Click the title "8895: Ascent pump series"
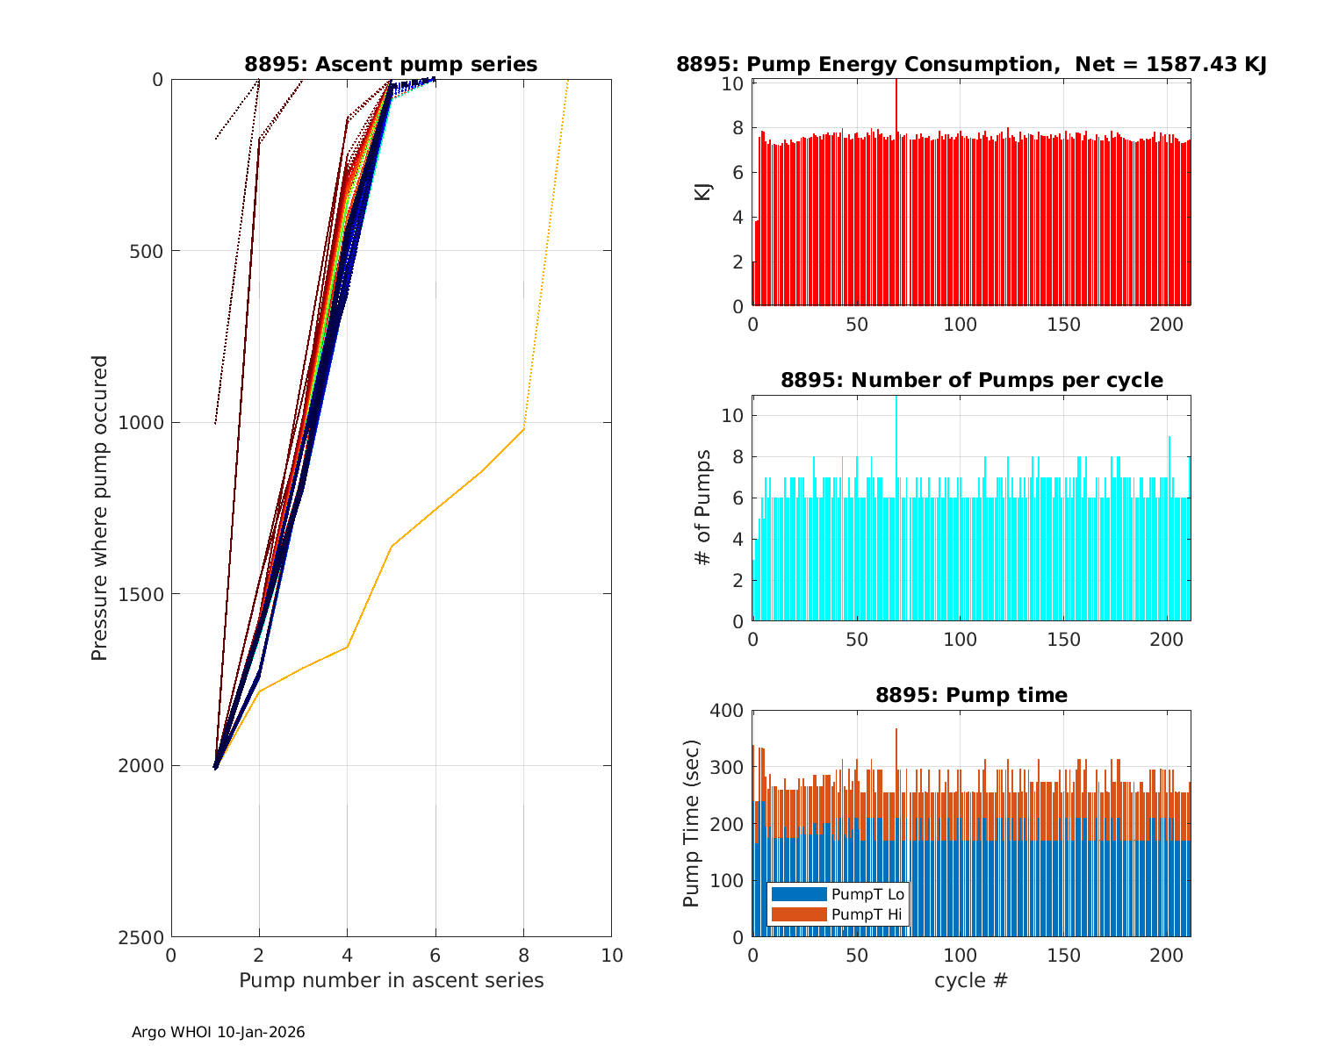click(x=391, y=64)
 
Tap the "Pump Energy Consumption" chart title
click(x=970, y=64)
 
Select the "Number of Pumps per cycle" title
click(x=971, y=380)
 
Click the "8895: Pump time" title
click(x=971, y=695)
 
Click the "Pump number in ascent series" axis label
click(x=391, y=980)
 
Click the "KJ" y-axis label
click(x=702, y=191)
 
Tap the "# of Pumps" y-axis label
click(x=702, y=507)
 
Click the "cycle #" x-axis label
click(x=971, y=980)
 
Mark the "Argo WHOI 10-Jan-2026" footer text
click(x=219, y=1033)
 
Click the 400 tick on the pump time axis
click(x=727, y=710)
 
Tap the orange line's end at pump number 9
click(x=567, y=81)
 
